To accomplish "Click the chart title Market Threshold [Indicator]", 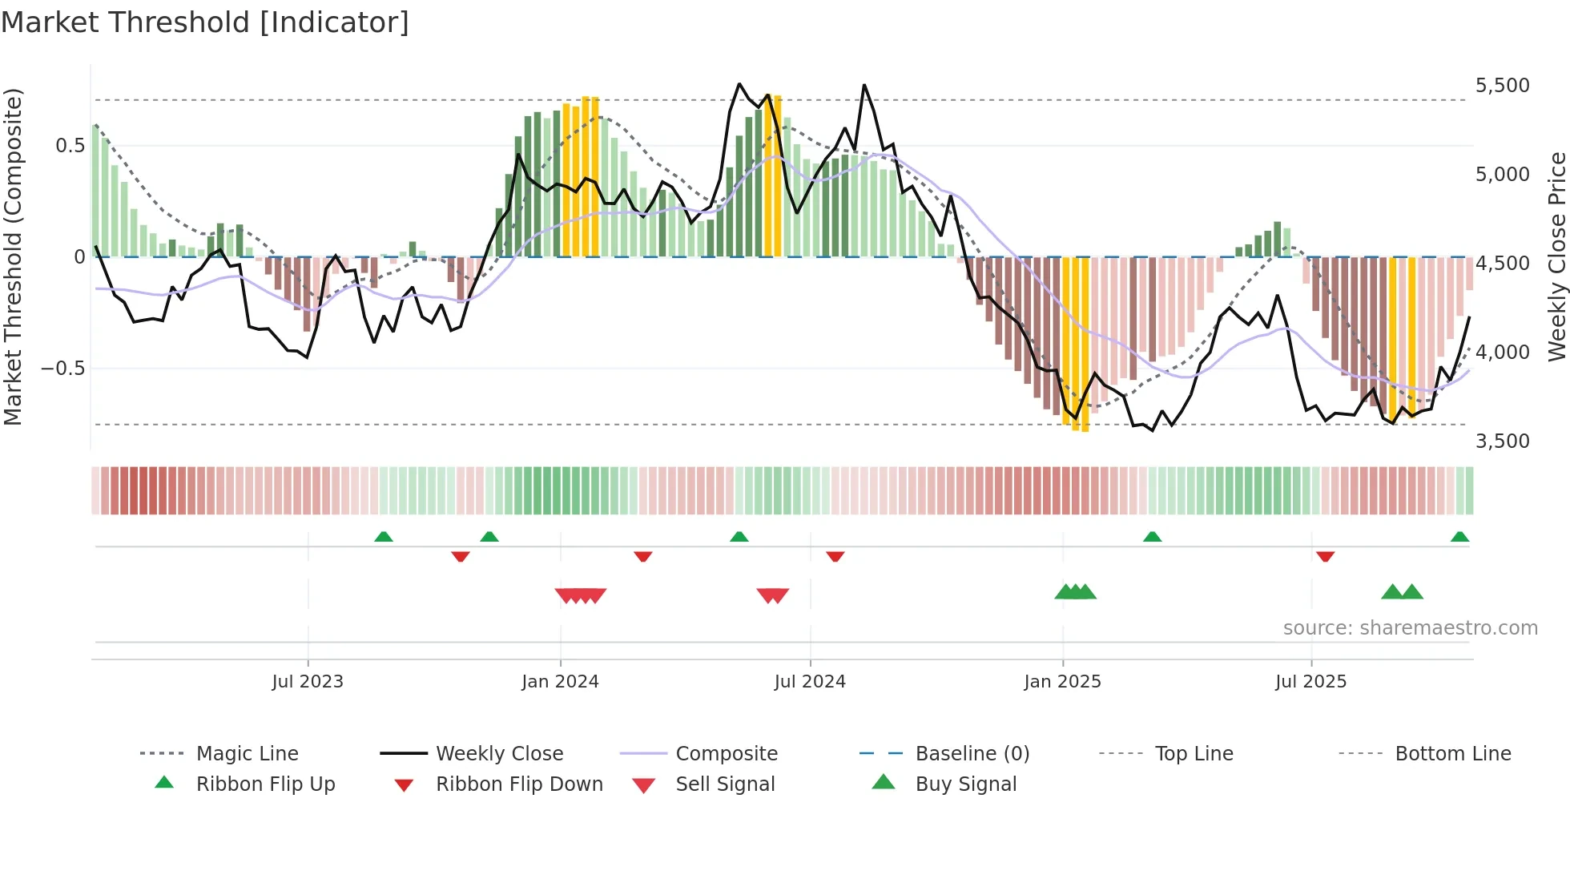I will [x=205, y=22].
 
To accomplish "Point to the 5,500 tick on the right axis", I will [x=1502, y=86].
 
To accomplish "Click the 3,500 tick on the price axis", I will [x=1502, y=441].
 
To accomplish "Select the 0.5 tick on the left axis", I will [x=70, y=146].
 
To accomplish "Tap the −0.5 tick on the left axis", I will [x=63, y=369].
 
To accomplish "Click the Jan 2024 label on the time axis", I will [x=560, y=682].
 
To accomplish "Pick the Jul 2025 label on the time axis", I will [x=1310, y=682].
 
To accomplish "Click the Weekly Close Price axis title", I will [x=1556, y=256].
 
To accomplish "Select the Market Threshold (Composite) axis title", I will [x=13, y=256].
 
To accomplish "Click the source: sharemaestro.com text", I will [x=1410, y=628].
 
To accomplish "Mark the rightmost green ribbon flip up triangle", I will [x=1459, y=537].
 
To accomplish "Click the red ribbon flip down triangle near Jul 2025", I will [x=1325, y=556].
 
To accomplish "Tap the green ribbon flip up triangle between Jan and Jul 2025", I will [x=1152, y=537].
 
